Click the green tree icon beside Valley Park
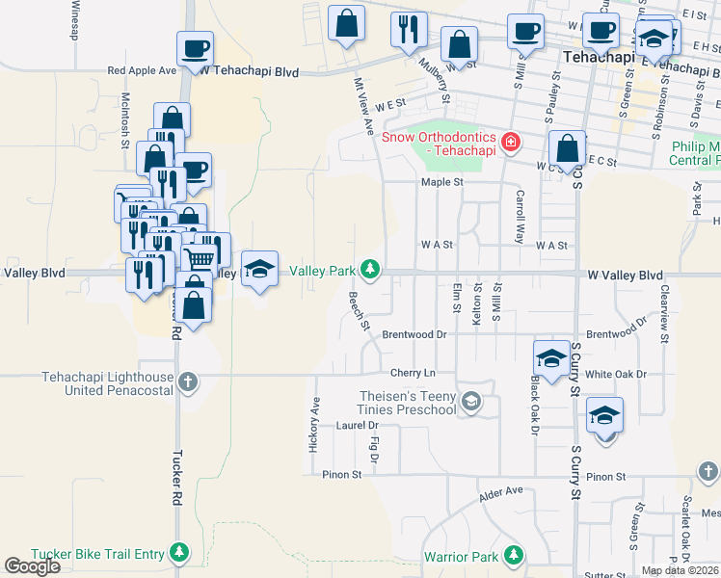pyautogui.click(x=369, y=268)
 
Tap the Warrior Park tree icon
pyautogui.click(x=515, y=555)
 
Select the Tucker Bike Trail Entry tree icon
pyautogui.click(x=178, y=552)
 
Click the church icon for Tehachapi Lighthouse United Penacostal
pyautogui.click(x=187, y=382)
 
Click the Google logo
pyautogui.click(x=32, y=566)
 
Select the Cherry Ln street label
pyautogui.click(x=413, y=373)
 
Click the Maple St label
pyautogui.click(x=442, y=181)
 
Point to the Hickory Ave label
pyautogui.click(x=314, y=424)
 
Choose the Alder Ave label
pyautogui.click(x=500, y=495)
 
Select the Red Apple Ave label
pyautogui.click(x=142, y=70)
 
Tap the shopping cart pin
pyautogui.click(x=200, y=257)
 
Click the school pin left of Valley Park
pyautogui.click(x=259, y=270)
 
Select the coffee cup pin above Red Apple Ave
pyautogui.click(x=194, y=48)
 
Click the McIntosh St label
pyautogui.click(x=124, y=120)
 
